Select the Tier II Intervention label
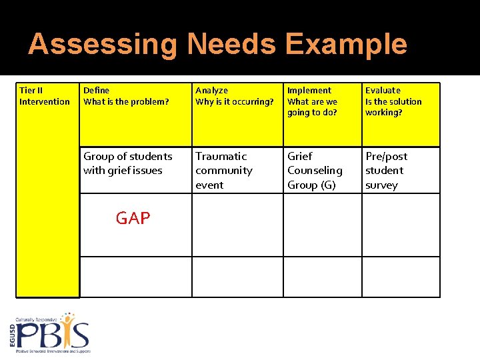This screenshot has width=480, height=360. (45, 96)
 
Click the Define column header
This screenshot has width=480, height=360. (97, 90)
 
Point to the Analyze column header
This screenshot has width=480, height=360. (211, 90)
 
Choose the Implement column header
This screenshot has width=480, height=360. (309, 90)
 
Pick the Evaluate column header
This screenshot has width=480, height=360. (383, 90)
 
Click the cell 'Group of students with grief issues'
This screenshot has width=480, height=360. (127, 163)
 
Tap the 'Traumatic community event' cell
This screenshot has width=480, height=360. (224, 170)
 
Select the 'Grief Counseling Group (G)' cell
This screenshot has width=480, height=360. (315, 170)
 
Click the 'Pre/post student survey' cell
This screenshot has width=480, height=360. (386, 170)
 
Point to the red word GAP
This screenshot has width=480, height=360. (133, 218)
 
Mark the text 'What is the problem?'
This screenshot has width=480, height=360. (126, 101)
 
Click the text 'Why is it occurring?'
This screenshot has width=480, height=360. (235, 101)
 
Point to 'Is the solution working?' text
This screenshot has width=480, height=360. (393, 107)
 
